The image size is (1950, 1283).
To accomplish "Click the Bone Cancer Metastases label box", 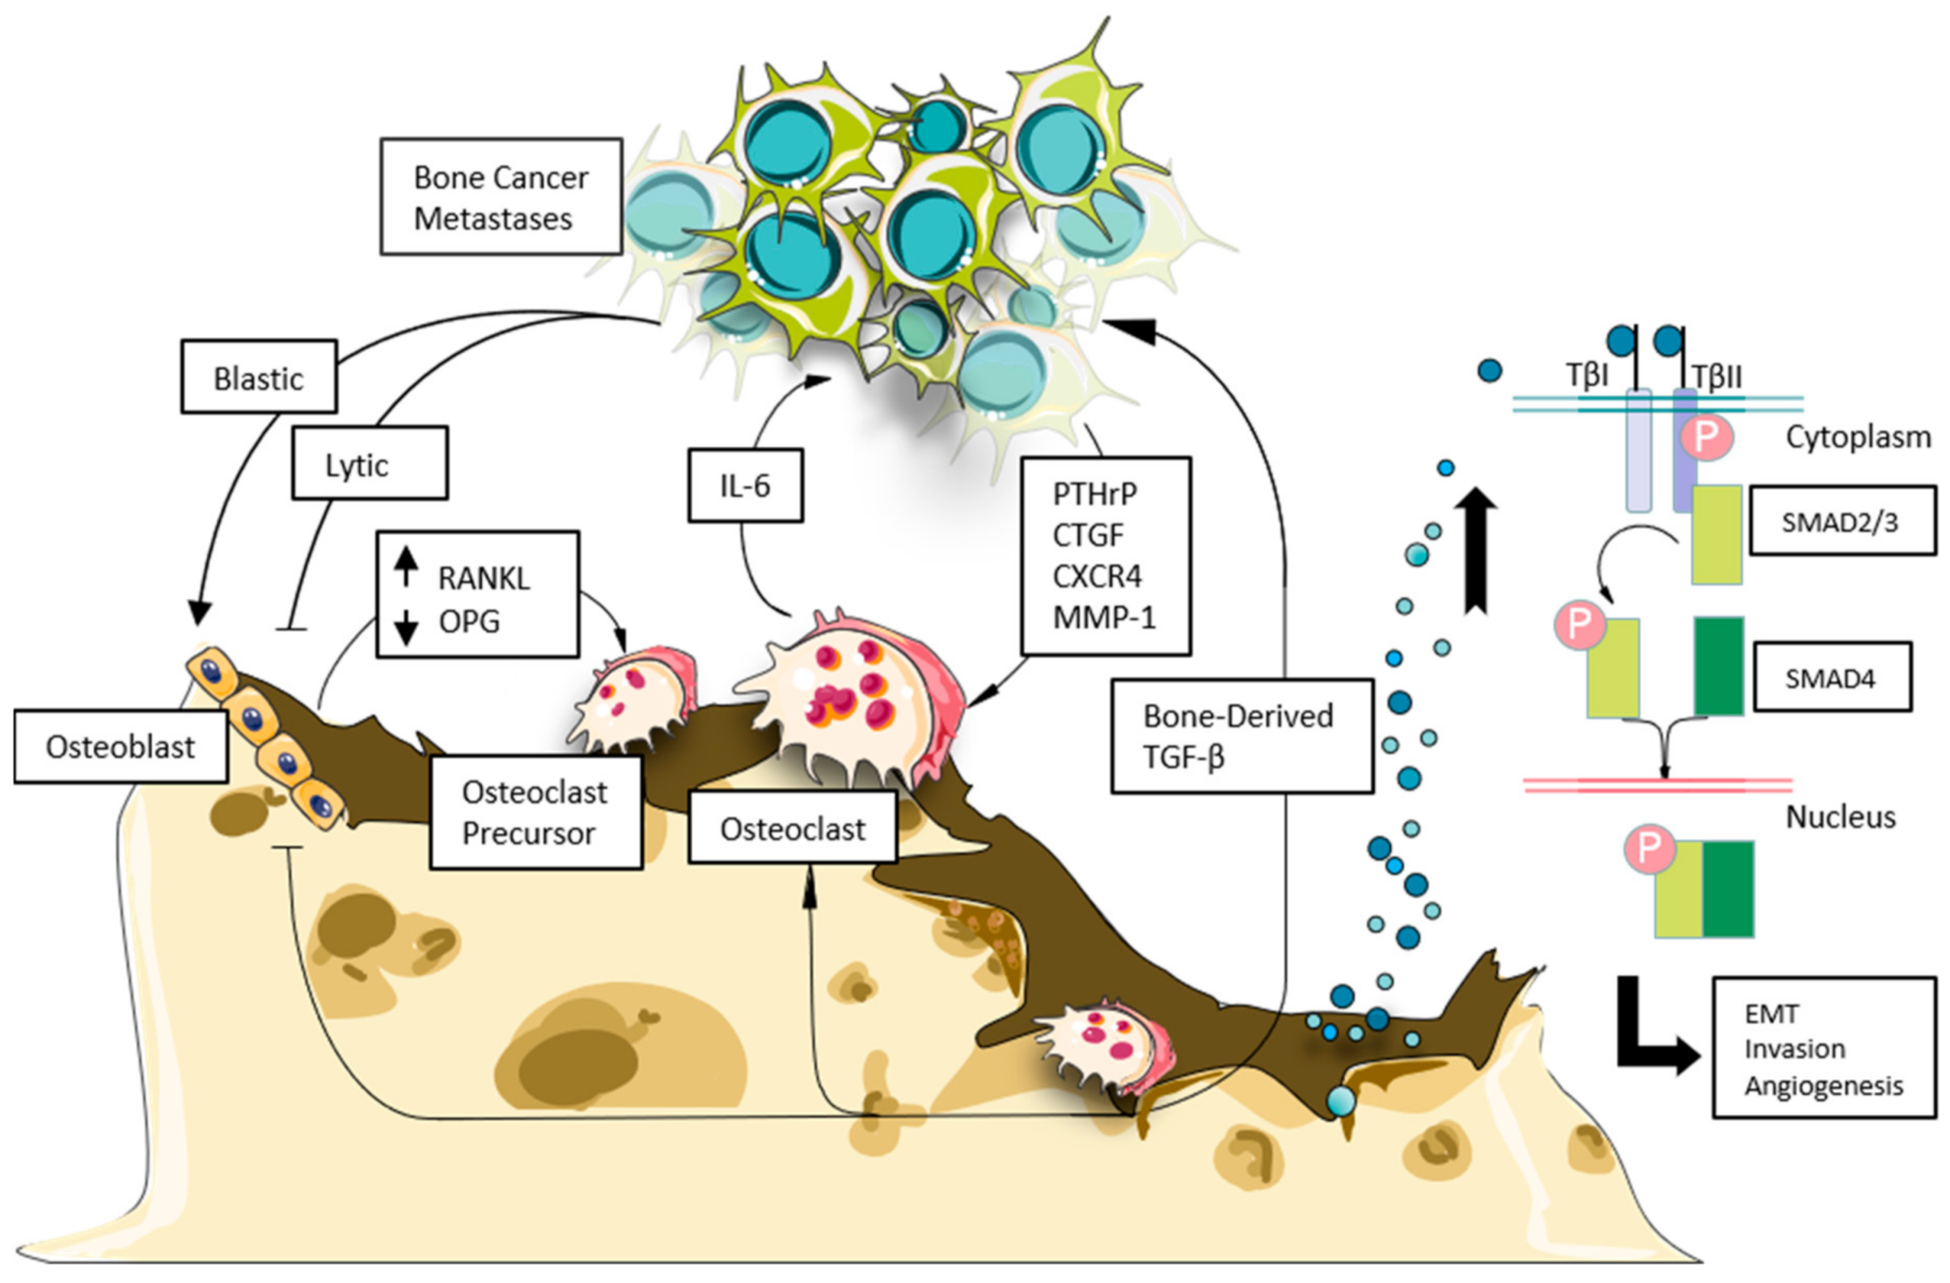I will [501, 197].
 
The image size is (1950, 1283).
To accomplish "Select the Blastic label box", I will [258, 377].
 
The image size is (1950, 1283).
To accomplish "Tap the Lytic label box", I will [370, 463].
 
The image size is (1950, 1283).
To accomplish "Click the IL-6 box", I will [745, 486].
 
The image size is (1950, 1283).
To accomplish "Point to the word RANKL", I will [484, 578].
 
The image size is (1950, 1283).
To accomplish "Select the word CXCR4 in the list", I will [1096, 576].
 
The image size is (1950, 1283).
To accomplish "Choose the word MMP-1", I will [1104, 618].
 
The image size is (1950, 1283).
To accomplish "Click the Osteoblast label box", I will [121, 746].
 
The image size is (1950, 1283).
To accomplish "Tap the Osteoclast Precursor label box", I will [535, 813].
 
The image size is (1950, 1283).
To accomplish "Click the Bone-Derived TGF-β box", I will [1241, 735].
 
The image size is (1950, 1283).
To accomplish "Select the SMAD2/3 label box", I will [1842, 522].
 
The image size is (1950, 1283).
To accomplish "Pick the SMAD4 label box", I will [1832, 678].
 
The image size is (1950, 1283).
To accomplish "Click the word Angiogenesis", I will [1823, 1085].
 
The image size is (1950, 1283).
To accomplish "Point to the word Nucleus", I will [1840, 817].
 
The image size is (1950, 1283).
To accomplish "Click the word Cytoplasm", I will [1858, 437].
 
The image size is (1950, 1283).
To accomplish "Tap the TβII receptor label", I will [1717, 377].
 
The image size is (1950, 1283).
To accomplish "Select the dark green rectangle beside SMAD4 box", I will [1718, 665].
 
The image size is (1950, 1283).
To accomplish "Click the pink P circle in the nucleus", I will [1648, 847].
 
